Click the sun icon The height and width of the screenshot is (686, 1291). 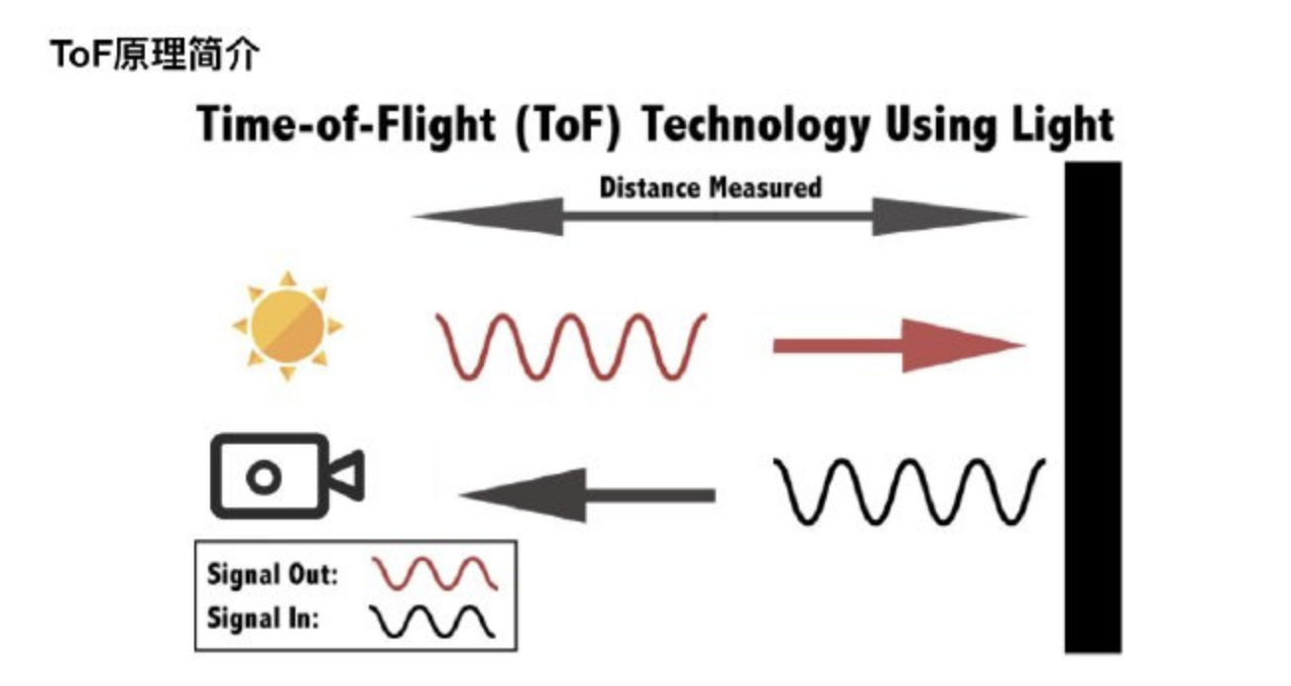tap(287, 325)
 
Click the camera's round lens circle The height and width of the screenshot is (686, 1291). tap(263, 478)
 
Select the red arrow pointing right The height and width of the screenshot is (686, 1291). tap(897, 346)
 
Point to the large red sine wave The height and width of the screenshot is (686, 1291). tap(572, 346)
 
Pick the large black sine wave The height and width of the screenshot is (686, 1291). tap(909, 491)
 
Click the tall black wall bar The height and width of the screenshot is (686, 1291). tap(1093, 406)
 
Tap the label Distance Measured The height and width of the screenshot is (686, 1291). tap(710, 187)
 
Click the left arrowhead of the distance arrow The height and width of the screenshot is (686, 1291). tap(486, 216)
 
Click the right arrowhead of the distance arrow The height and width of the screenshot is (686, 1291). tap(947, 216)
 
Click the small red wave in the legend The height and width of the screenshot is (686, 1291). tap(433, 574)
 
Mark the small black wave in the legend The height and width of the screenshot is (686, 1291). tap(433, 621)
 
